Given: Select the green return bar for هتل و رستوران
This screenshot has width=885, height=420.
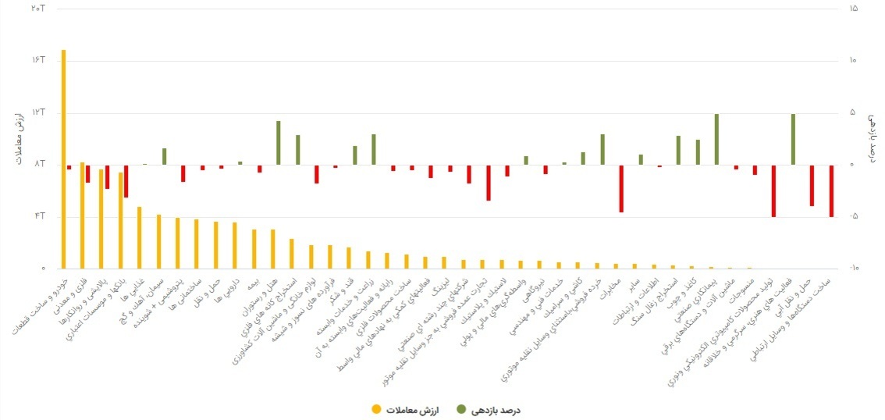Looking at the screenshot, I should click(x=278, y=143).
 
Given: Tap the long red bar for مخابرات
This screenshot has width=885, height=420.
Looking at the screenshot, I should click(x=621, y=188).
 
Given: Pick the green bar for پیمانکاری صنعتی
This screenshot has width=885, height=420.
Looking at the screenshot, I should click(x=716, y=139).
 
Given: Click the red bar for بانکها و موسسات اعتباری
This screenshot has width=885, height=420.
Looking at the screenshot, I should click(x=126, y=181).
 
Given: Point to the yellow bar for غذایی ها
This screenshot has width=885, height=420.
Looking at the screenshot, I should click(x=140, y=237).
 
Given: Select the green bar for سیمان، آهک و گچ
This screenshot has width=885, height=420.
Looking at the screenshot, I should click(x=164, y=156).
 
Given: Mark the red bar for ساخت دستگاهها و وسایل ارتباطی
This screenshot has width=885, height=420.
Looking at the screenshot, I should click(x=831, y=190).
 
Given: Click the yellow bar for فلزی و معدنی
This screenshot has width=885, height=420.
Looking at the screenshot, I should click(x=82, y=215).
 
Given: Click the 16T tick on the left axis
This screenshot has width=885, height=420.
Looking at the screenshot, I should click(x=37, y=60).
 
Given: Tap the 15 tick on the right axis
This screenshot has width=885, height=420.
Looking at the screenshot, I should click(x=853, y=9).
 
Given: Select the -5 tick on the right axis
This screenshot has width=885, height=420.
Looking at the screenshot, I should click(x=853, y=216).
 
